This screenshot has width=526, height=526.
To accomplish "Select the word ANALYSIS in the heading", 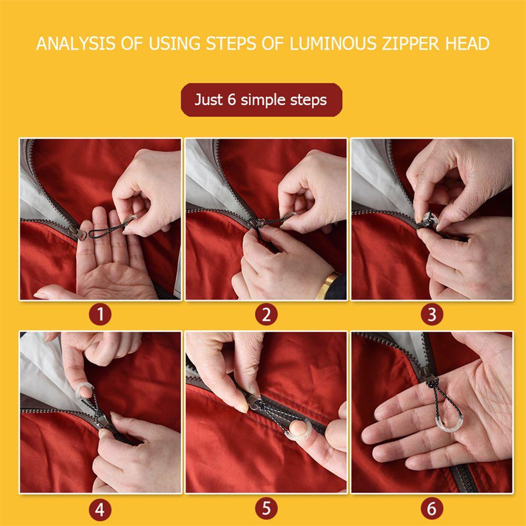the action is [75, 44].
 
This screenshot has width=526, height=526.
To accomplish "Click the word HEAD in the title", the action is [467, 44].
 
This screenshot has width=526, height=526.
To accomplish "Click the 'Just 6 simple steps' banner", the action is [261, 100].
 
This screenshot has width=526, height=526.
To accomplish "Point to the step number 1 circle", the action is [100, 315].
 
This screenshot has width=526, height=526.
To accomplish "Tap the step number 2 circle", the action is [266, 315].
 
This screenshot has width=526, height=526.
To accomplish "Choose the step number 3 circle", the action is [432, 315].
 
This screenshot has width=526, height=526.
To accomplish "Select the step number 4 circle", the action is [100, 510].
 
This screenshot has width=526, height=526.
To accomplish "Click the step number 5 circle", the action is [266, 508].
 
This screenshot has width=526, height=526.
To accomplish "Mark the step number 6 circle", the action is [432, 508].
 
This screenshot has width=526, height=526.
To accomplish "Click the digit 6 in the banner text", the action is [232, 99].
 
